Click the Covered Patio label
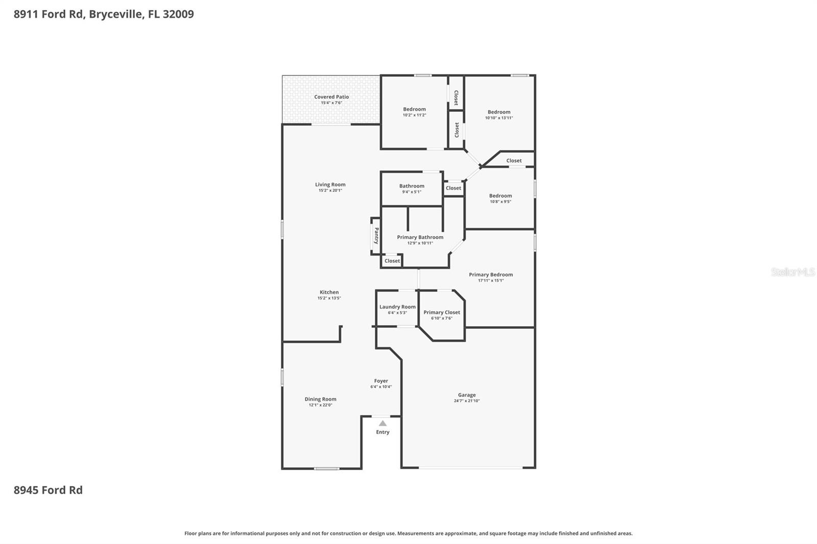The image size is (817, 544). (331, 97)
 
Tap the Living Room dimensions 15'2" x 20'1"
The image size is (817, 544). (330, 190)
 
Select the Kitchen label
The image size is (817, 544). (329, 292)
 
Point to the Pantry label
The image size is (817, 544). (376, 235)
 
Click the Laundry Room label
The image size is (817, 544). (397, 307)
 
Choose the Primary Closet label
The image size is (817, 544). (442, 312)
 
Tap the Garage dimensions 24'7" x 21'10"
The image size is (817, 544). (467, 401)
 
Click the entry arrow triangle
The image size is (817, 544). (382, 423)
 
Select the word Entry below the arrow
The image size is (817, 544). (382, 432)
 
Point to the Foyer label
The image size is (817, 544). (381, 381)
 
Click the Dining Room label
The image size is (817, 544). (320, 400)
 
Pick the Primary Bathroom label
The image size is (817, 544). (420, 237)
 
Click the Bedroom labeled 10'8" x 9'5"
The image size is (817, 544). (500, 196)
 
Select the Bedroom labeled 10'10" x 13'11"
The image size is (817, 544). (498, 112)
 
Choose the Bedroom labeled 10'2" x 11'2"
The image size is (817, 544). (414, 109)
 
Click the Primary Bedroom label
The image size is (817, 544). (491, 275)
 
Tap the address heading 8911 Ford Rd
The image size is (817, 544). (104, 14)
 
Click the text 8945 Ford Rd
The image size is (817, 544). (48, 490)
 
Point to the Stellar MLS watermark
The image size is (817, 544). (792, 272)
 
